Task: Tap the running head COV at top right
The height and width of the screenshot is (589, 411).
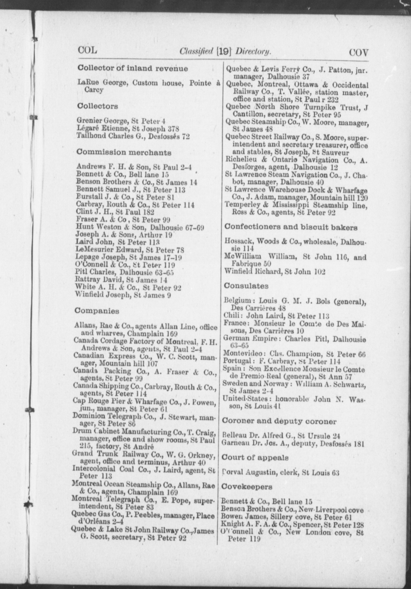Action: click(x=358, y=53)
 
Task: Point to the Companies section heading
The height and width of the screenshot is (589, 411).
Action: click(x=97, y=311)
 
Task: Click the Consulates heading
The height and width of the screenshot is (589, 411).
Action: click(x=246, y=286)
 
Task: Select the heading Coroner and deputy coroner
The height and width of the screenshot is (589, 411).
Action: click(x=279, y=421)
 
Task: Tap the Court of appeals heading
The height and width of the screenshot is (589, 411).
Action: click(x=255, y=458)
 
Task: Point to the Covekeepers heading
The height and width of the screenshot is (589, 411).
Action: click(x=247, y=487)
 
